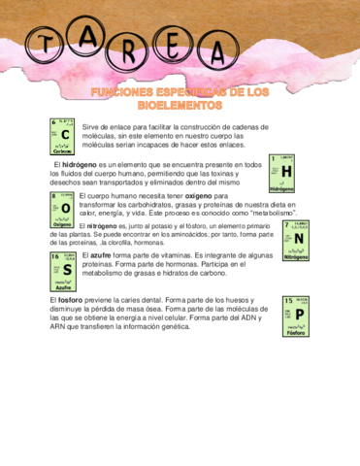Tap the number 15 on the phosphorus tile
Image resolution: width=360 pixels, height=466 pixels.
[288, 302]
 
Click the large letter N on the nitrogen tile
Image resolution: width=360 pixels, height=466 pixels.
[299, 238]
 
